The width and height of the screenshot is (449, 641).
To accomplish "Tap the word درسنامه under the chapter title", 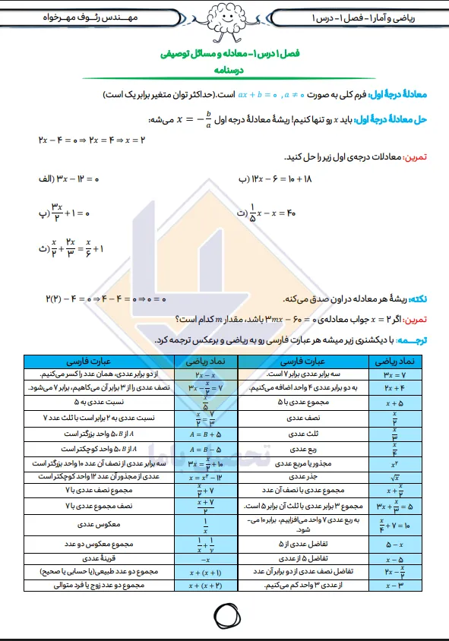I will pos(223,71).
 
